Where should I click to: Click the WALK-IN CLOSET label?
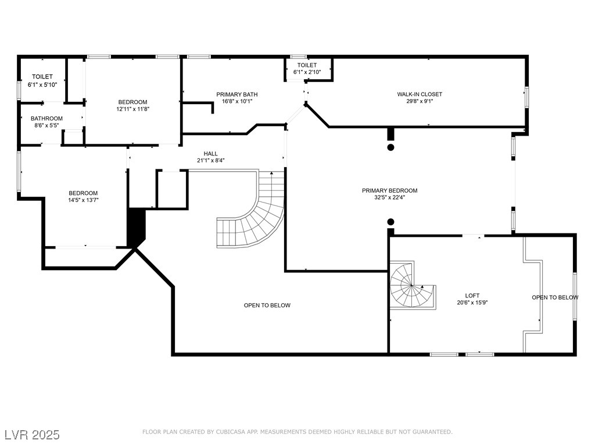420,94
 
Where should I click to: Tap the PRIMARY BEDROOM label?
389,191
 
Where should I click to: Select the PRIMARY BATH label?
237,95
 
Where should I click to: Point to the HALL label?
210,154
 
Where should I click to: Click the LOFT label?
472,296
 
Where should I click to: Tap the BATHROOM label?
46,119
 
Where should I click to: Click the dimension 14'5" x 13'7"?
83,200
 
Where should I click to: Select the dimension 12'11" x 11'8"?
133,109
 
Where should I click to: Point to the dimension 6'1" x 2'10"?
307,72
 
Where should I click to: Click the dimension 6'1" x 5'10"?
42,85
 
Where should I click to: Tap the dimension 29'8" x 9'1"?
420,101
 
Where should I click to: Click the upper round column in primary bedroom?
390,147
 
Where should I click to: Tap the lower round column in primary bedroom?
390,222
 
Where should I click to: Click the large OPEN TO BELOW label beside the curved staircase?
267,305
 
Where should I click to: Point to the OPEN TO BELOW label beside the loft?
555,297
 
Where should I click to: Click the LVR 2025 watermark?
32,434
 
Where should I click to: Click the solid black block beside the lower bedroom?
137,228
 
